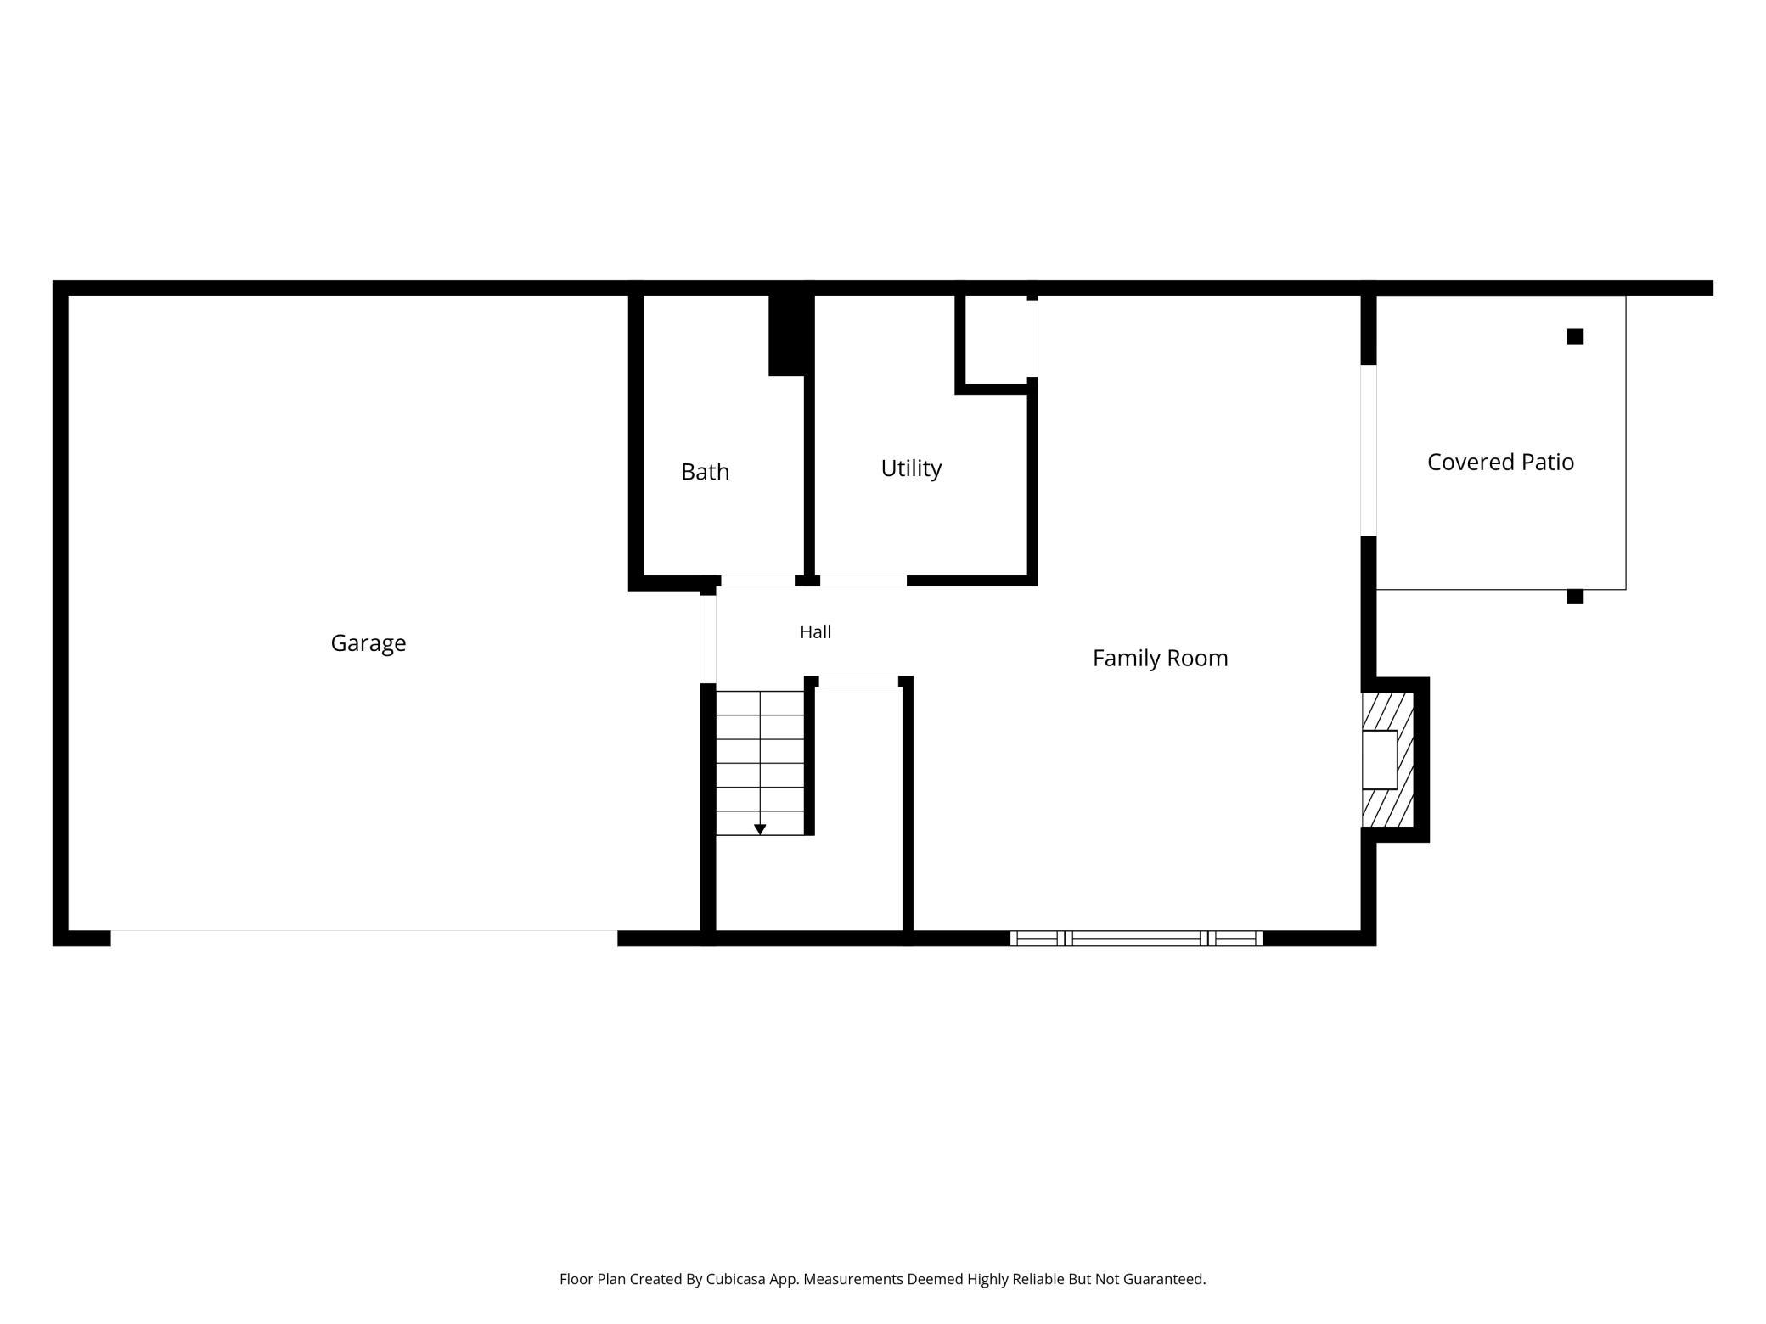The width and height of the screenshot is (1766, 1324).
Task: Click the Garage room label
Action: pos(368,643)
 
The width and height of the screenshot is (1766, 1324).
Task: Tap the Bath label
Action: pos(705,472)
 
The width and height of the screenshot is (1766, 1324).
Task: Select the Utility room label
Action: pos(911,468)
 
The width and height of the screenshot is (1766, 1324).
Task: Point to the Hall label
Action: pos(815,631)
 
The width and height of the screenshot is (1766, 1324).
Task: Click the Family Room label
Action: pos(1160,658)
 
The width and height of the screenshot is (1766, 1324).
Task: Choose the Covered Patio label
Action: pos(1500,462)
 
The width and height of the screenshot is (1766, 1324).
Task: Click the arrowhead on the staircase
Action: pos(760,829)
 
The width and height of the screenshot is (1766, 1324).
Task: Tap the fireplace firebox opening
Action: pos(1379,760)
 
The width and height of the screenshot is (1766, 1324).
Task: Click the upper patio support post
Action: pos(1575,336)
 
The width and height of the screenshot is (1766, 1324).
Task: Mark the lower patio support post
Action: pos(1575,597)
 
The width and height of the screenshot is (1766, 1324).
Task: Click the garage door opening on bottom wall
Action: pos(363,938)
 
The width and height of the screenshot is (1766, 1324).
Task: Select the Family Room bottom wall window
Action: pos(1136,938)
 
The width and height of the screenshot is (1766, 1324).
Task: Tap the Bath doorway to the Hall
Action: pos(757,581)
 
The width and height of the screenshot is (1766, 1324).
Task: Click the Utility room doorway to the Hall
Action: pos(863,581)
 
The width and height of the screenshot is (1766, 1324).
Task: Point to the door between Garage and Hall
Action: pos(708,639)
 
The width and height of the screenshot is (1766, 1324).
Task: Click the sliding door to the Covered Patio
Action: pos(1369,450)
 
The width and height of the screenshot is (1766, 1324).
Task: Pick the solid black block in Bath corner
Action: pos(786,335)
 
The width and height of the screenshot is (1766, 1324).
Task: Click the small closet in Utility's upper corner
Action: pos(997,340)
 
